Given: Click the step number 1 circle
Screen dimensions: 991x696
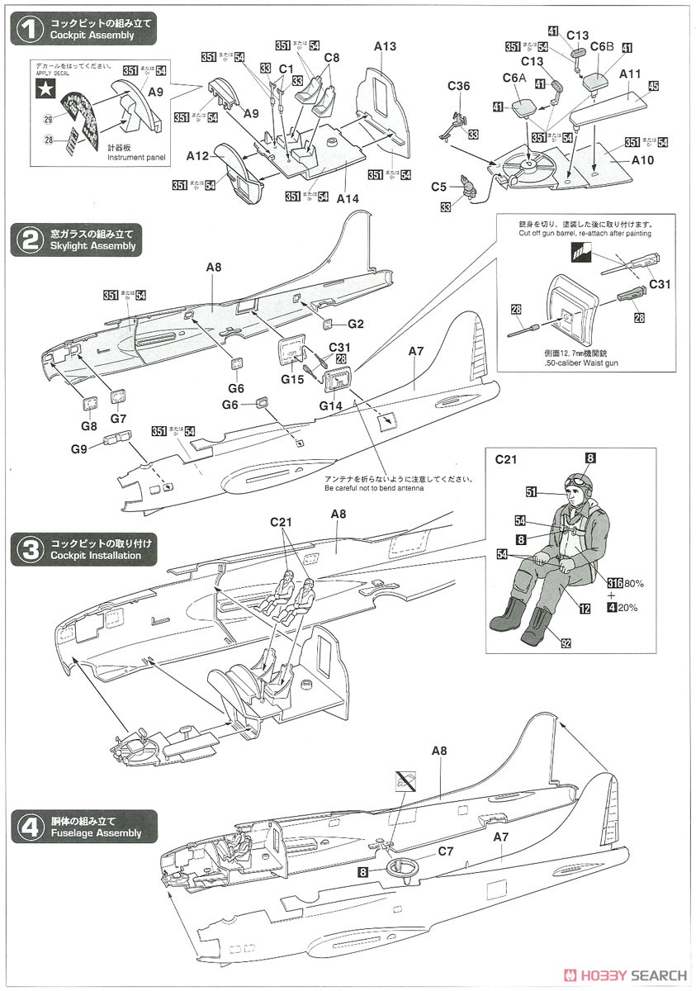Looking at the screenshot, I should [x=30, y=31].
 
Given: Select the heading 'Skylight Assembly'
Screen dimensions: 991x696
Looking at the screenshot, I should [x=91, y=247].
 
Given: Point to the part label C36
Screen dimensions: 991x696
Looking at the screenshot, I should [x=459, y=86].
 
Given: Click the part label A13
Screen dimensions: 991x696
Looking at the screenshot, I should [x=385, y=46].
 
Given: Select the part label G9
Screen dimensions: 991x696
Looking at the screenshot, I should [x=78, y=449].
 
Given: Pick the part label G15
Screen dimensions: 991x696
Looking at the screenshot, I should [x=292, y=380].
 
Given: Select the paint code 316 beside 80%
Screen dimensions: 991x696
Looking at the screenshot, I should [x=612, y=583].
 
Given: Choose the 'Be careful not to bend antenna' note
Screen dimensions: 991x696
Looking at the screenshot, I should [x=373, y=488].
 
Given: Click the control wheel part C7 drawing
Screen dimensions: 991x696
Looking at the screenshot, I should [x=403, y=868].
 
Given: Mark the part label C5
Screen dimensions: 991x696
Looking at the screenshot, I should [x=438, y=187].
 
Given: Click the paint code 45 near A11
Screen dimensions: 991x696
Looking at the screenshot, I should [x=653, y=85].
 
